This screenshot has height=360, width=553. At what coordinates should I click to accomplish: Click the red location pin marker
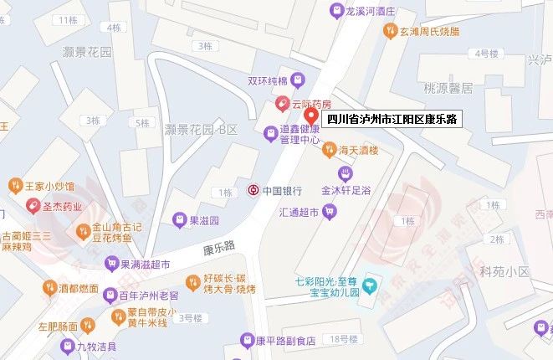click(310, 116)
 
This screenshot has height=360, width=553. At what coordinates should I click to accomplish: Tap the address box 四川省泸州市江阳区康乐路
click(392, 120)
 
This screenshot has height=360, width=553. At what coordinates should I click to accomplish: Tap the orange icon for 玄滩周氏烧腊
click(390, 31)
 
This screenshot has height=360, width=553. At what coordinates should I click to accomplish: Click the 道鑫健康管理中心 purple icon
click(270, 133)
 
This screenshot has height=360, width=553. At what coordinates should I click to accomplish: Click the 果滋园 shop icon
click(178, 220)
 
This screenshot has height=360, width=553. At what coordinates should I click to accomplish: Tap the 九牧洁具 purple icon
click(67, 345)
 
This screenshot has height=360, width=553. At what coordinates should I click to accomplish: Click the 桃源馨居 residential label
click(448, 87)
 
